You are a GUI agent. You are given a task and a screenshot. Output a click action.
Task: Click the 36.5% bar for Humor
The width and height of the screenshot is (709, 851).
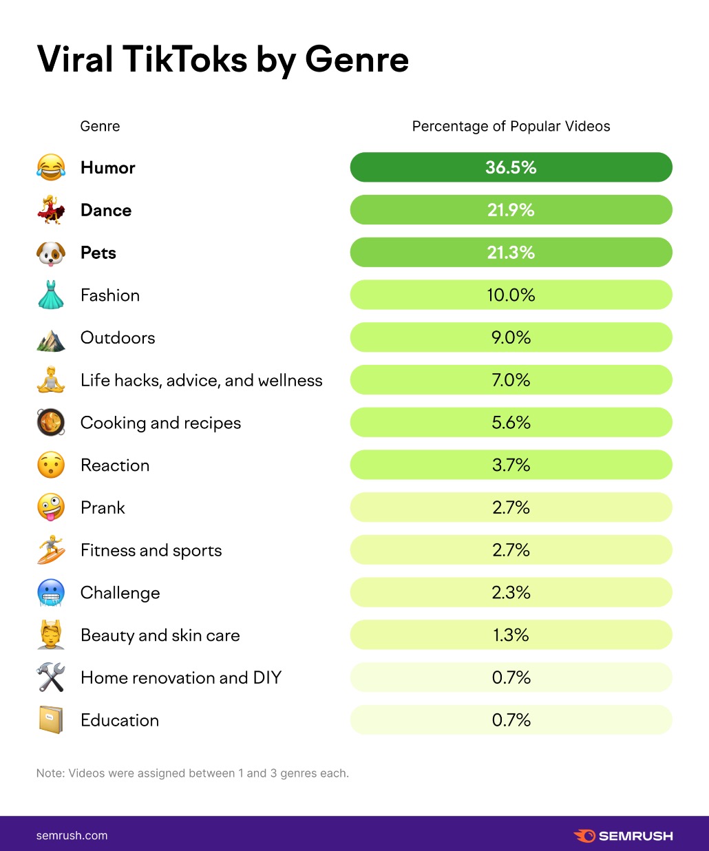(x=511, y=167)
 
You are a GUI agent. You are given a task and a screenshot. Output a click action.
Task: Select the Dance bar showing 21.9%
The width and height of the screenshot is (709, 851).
(x=511, y=210)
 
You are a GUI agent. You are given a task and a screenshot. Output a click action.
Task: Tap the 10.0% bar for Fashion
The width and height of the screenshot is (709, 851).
(x=511, y=295)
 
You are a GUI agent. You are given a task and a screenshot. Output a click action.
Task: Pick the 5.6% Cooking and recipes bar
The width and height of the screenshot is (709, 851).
(x=511, y=423)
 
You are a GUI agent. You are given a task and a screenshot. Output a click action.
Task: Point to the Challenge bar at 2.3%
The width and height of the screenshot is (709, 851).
(x=511, y=593)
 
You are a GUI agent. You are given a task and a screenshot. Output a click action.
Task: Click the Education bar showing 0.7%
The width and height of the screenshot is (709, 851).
(x=511, y=720)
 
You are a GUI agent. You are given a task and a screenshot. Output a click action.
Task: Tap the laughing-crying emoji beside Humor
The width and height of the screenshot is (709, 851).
(x=51, y=167)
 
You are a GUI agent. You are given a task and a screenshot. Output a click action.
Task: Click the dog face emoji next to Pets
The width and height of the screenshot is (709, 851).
(x=51, y=253)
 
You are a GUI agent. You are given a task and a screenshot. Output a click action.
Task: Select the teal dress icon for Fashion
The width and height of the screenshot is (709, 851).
(x=51, y=295)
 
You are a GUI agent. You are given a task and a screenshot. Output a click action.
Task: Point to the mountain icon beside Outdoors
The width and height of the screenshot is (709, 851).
(x=51, y=338)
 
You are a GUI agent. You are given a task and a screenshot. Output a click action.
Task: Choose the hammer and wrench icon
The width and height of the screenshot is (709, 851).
(x=51, y=677)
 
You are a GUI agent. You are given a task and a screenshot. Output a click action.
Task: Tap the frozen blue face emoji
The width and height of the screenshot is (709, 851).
(x=51, y=593)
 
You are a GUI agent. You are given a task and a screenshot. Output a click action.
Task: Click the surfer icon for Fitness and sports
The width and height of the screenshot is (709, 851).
(x=51, y=550)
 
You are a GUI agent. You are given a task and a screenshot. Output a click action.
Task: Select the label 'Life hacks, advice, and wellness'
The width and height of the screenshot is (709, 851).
(x=201, y=380)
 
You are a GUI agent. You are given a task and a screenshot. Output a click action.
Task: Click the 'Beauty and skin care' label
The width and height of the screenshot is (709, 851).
(x=160, y=635)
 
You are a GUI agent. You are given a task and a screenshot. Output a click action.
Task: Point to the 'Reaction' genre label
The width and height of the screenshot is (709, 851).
(x=115, y=465)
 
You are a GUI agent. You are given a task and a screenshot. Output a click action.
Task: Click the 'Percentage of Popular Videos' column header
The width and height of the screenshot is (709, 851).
(x=511, y=127)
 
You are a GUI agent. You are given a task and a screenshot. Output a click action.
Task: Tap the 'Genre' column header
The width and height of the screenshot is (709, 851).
(x=100, y=127)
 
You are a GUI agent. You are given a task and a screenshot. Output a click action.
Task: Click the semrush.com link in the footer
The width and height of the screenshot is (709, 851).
(x=72, y=836)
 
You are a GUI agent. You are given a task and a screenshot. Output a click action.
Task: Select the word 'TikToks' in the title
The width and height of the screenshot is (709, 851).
(x=185, y=59)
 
